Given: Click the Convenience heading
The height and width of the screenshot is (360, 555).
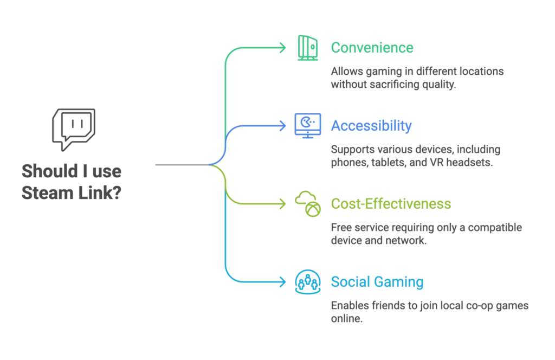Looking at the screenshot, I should (x=372, y=48).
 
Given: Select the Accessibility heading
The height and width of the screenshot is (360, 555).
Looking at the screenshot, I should (x=371, y=126).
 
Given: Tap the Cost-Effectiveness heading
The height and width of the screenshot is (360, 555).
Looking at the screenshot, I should (x=391, y=204).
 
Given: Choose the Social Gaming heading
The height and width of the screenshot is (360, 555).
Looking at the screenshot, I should (x=377, y=282).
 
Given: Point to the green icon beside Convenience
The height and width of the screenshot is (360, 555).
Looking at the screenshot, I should (x=307, y=47).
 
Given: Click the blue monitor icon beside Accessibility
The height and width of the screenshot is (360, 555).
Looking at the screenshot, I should (x=307, y=125).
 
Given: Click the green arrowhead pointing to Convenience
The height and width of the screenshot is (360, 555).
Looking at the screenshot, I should (x=282, y=48).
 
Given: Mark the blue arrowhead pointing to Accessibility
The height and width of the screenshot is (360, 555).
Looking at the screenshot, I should (x=282, y=126).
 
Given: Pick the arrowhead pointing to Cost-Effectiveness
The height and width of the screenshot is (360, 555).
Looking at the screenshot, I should (x=282, y=204).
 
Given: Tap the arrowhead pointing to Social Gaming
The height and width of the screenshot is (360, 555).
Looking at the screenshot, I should (x=282, y=282).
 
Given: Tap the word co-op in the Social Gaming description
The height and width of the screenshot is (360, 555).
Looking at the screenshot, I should (x=472, y=306).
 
